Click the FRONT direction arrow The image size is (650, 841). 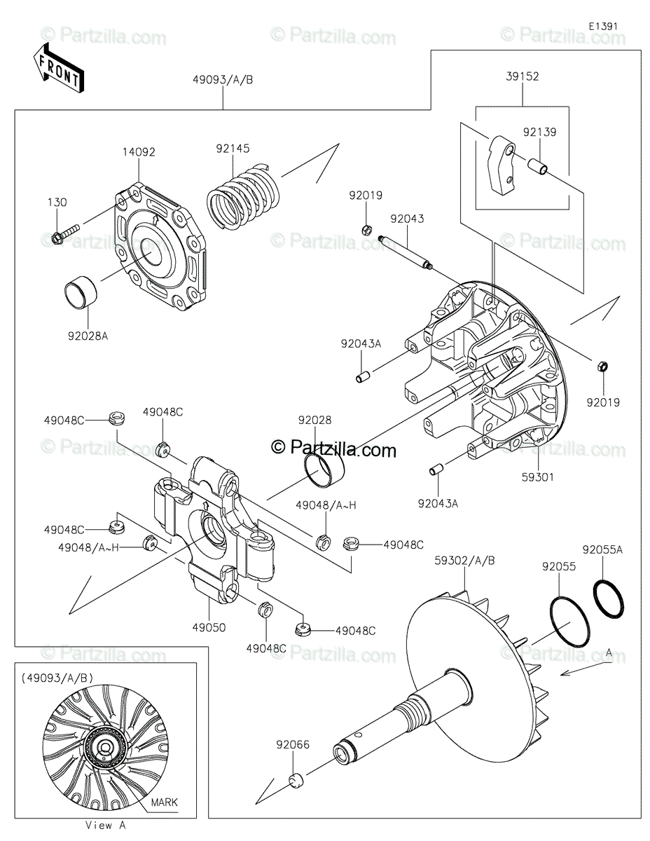(60, 67)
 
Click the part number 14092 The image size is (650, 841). (139, 151)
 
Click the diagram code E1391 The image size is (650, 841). (602, 26)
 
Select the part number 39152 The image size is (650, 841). (522, 77)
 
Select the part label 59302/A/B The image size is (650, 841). (464, 560)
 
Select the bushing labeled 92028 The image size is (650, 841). (324, 469)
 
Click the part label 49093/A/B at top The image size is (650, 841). (223, 79)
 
